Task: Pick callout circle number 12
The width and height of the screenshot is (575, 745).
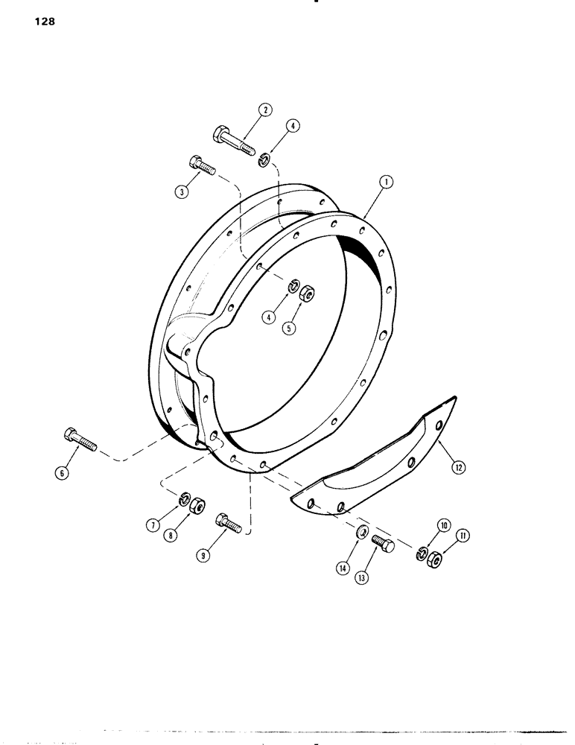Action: [x=457, y=467]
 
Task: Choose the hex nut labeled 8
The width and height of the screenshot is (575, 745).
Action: [x=198, y=506]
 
